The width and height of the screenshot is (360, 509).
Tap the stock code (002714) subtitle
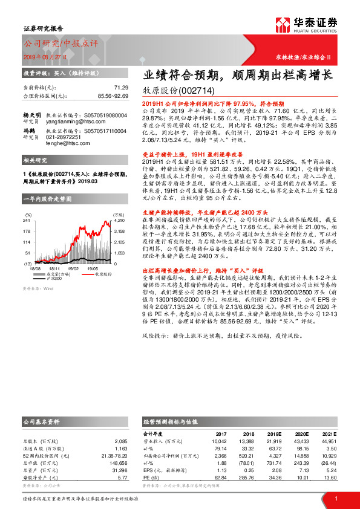coord(181,91)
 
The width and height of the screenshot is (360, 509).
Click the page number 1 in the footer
coord(335,498)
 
